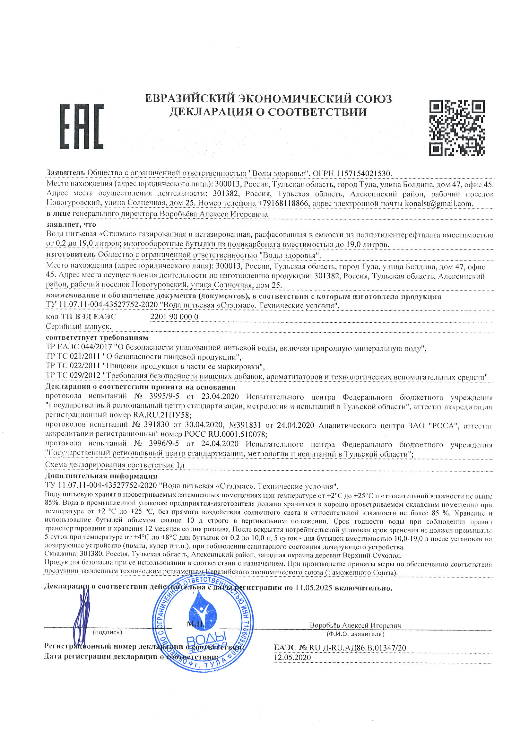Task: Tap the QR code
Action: click(x=456, y=127)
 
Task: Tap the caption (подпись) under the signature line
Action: click(x=108, y=632)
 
